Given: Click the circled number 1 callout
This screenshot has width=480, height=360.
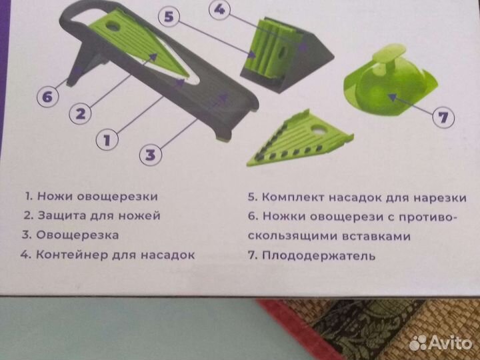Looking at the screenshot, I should (107, 140).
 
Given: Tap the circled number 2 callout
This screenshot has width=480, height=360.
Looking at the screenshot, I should (79, 113).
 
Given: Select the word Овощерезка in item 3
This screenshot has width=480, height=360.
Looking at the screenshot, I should (79, 235).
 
